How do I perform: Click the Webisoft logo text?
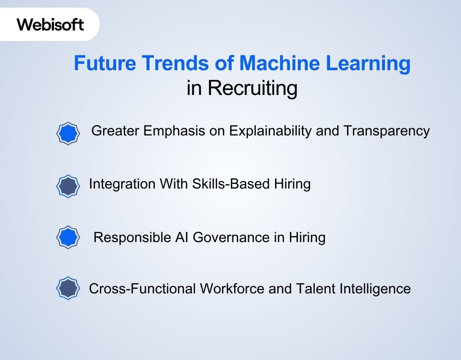50,24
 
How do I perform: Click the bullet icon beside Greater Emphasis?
68,133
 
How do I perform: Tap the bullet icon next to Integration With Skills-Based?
68,186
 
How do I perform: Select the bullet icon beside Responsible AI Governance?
68,237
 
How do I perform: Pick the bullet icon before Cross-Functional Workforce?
68,288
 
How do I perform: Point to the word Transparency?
387,131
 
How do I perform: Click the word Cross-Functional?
142,288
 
